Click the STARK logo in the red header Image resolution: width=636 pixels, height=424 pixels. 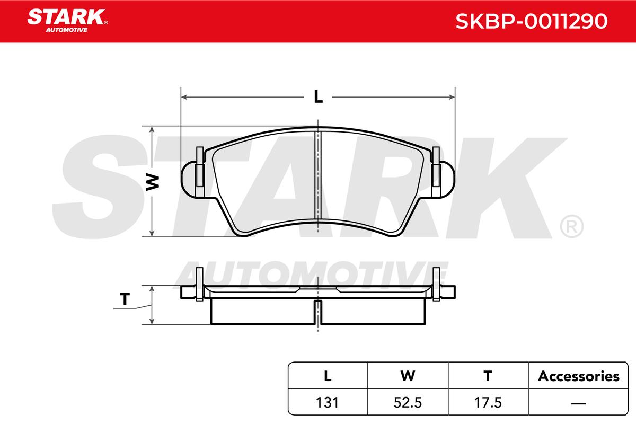(67, 21)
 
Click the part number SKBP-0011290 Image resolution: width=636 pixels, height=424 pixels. (531, 21)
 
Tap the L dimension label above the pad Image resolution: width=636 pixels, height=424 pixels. (319, 96)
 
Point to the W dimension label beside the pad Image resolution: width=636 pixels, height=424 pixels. (153, 182)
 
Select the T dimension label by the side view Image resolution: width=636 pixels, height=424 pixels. (125, 299)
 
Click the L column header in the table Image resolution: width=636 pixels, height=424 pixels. (328, 376)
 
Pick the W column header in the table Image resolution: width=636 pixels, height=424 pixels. (408, 376)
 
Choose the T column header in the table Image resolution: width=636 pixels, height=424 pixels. (488, 376)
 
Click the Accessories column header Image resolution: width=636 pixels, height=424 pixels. (578, 376)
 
